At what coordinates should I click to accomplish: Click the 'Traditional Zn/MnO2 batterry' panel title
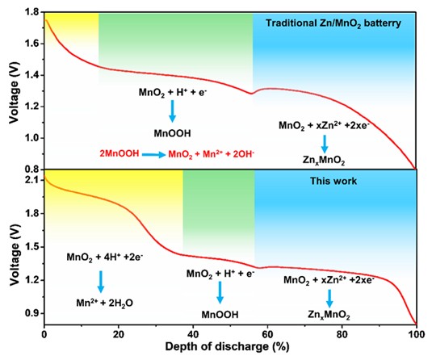(x=333, y=23)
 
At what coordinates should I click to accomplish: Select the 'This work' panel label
(x=333, y=181)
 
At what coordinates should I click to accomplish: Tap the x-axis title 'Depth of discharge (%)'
(x=227, y=346)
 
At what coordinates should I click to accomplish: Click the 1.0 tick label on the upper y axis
(x=31, y=138)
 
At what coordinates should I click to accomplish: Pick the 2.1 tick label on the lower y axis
(x=31, y=180)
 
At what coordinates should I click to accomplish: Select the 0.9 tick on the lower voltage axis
(x=31, y=313)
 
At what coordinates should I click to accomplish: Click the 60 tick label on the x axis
(x=267, y=334)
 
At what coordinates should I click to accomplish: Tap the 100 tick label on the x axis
(x=416, y=334)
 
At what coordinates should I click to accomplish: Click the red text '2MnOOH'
(x=120, y=153)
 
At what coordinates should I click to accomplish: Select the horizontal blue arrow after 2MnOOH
(x=154, y=154)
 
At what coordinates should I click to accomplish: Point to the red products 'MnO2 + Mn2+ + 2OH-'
(x=211, y=154)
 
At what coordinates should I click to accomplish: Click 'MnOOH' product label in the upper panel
(x=172, y=134)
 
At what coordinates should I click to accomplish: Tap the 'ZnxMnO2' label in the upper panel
(x=324, y=160)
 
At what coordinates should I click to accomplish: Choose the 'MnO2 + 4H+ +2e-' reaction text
(x=105, y=257)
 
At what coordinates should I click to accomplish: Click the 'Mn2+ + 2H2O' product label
(x=105, y=303)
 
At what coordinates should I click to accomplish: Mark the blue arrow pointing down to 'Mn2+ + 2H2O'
(x=101, y=282)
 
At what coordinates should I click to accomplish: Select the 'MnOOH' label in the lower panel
(x=220, y=315)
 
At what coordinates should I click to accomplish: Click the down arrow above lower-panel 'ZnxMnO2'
(x=329, y=299)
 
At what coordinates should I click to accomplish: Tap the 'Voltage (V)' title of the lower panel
(x=15, y=255)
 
